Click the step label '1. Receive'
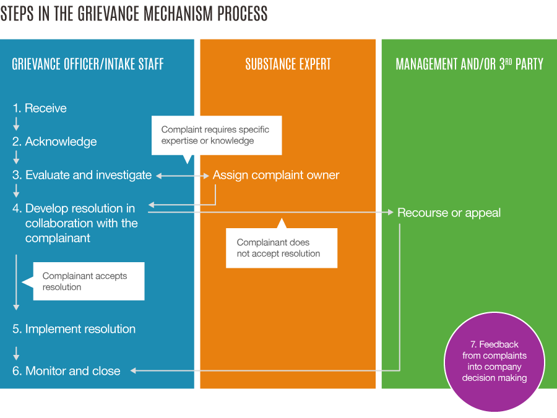click(x=40, y=108)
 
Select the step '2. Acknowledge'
click(x=54, y=142)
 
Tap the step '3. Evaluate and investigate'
click(x=82, y=175)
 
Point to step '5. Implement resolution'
click(x=74, y=329)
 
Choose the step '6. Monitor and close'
click(x=66, y=371)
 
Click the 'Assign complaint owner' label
click(x=276, y=175)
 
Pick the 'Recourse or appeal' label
click(x=449, y=213)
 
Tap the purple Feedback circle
click(x=494, y=362)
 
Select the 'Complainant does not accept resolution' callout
click(x=282, y=247)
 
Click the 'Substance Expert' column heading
click(x=288, y=64)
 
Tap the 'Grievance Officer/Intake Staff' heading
click(x=88, y=64)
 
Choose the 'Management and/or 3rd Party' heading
click(x=470, y=64)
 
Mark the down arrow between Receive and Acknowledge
click(x=16, y=124)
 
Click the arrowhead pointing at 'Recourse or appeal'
click(x=391, y=212)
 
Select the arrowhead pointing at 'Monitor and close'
click(x=133, y=371)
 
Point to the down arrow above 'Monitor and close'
click(x=16, y=353)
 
